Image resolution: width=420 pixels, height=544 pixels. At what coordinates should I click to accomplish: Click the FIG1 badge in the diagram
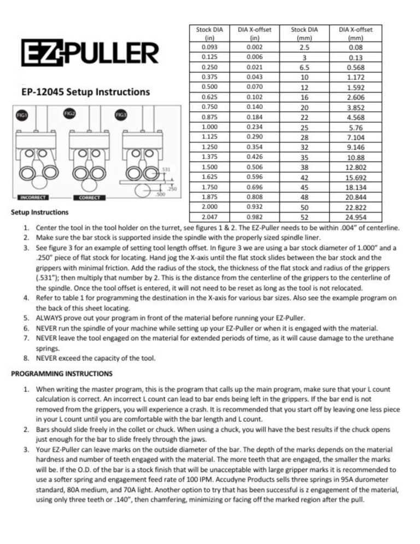pos(24,116)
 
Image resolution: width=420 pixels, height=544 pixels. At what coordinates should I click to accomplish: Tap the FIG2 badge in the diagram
pos(69,113)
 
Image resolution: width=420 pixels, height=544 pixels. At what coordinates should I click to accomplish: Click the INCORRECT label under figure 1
pos(34,197)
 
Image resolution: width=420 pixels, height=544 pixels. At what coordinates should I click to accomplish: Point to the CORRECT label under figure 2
pos(89,197)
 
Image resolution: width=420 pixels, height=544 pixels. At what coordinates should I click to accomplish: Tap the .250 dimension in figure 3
pos(172,188)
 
